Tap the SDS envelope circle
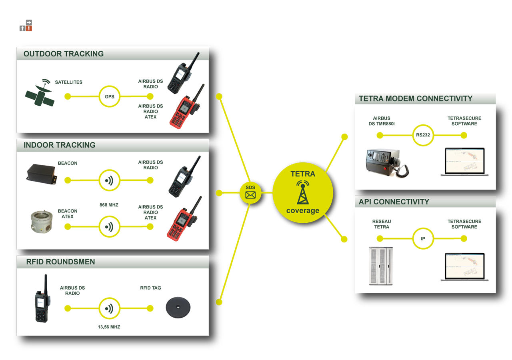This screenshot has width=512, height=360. (x=250, y=193)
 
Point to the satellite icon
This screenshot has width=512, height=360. (x=40, y=93)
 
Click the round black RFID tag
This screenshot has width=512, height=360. (x=178, y=308)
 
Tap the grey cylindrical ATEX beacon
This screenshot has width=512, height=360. (x=42, y=222)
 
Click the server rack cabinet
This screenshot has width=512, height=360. (x=381, y=266)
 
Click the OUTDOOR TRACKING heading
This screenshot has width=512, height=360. (x=64, y=54)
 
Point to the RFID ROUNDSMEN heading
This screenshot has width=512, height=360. (x=60, y=262)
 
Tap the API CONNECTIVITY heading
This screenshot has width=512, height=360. (x=394, y=202)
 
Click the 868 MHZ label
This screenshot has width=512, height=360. (x=109, y=205)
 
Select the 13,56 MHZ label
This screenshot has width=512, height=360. (x=109, y=327)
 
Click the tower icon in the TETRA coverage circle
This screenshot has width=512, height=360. (x=303, y=192)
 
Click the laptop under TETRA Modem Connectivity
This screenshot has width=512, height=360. (x=465, y=162)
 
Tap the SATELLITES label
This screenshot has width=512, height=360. (x=68, y=82)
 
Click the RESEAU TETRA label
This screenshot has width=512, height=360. (x=382, y=224)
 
